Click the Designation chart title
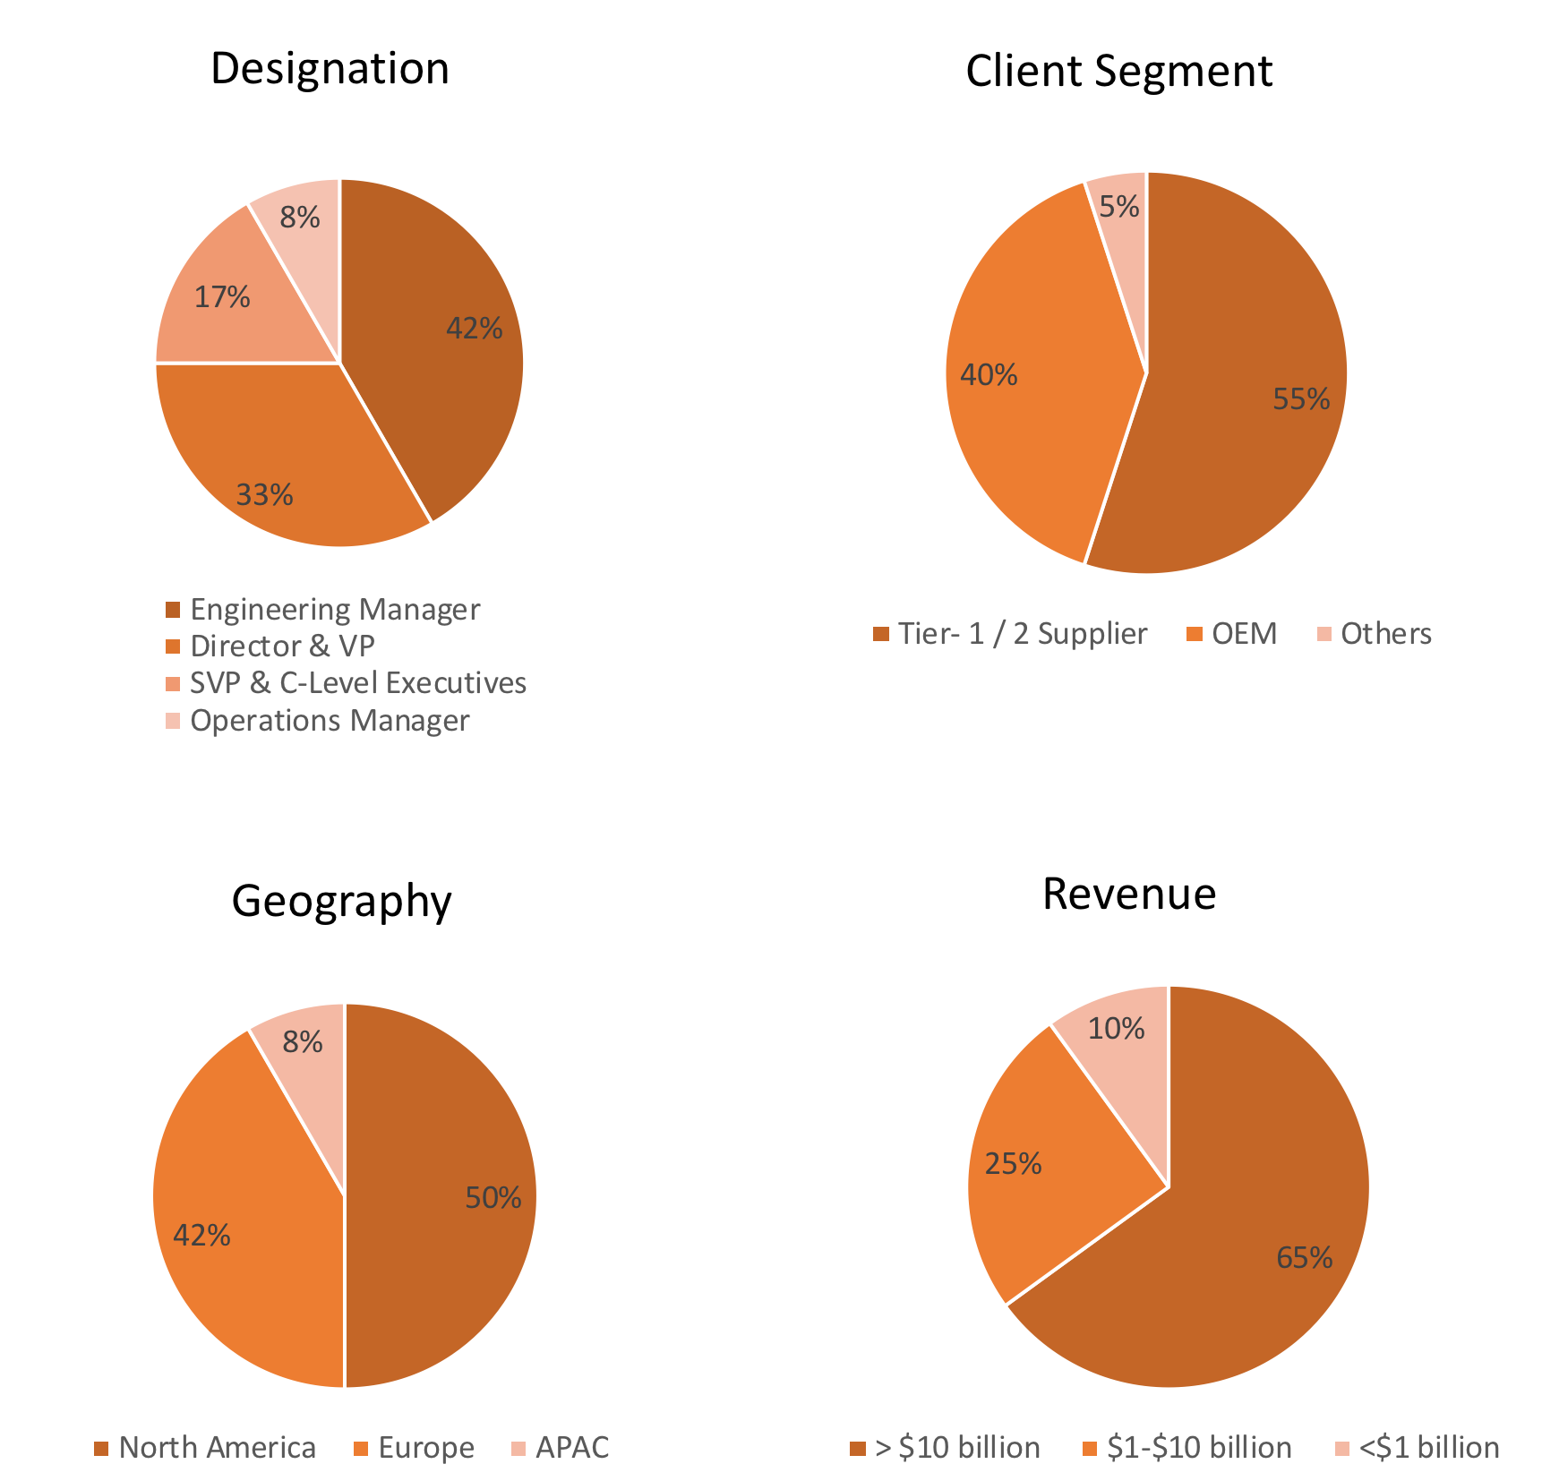(x=330, y=69)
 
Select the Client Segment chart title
(x=1118, y=72)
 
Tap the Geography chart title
(x=341, y=901)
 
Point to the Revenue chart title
(x=1129, y=894)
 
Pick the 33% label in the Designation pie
(x=264, y=495)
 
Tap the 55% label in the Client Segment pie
(x=1301, y=399)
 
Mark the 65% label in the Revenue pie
(x=1304, y=1258)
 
